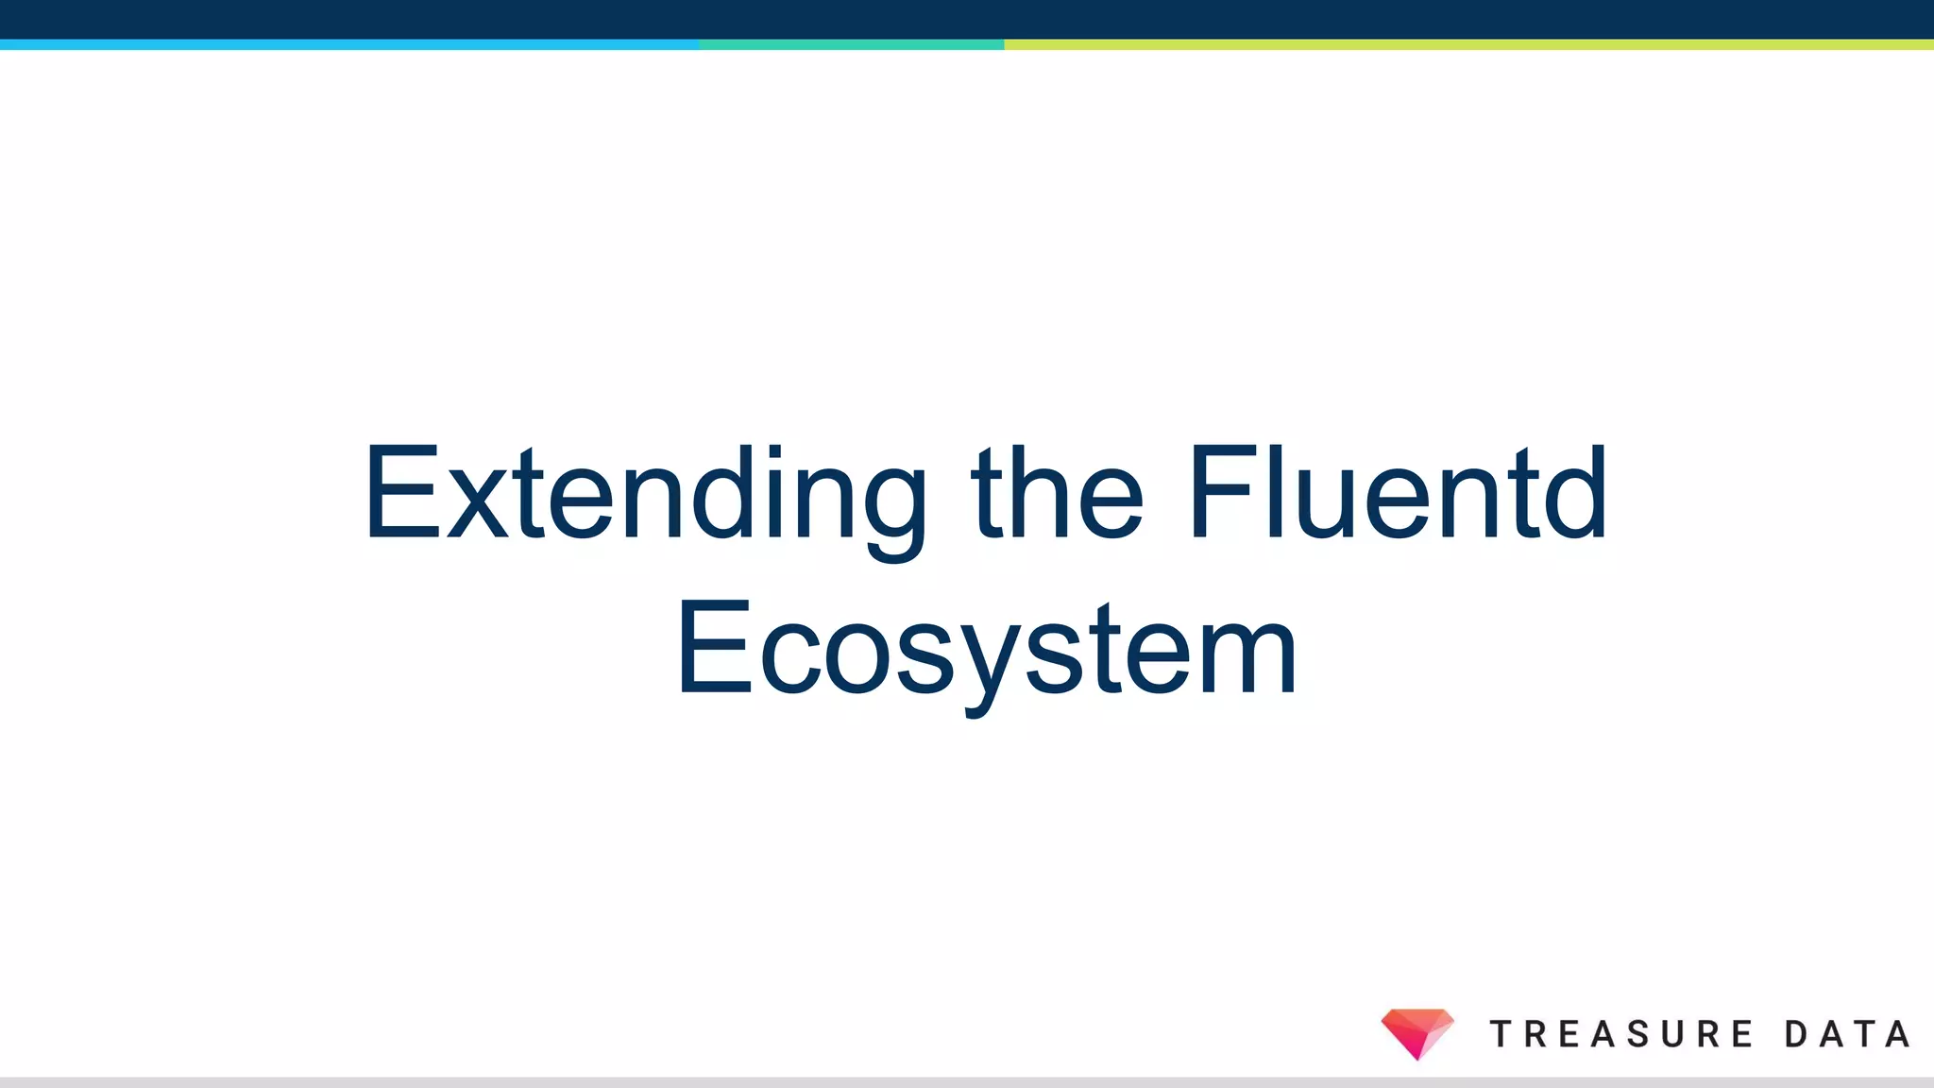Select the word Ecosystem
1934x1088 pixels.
[987, 650]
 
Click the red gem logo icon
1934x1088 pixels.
[1417, 1032]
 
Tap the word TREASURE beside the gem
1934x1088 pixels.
[1621, 1034]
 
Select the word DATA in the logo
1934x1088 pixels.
[1847, 1034]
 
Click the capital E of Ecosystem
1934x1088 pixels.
[714, 650]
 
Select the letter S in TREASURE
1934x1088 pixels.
[1638, 1034]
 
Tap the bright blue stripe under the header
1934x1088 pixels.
[349, 44]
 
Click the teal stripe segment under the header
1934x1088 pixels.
[851, 44]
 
